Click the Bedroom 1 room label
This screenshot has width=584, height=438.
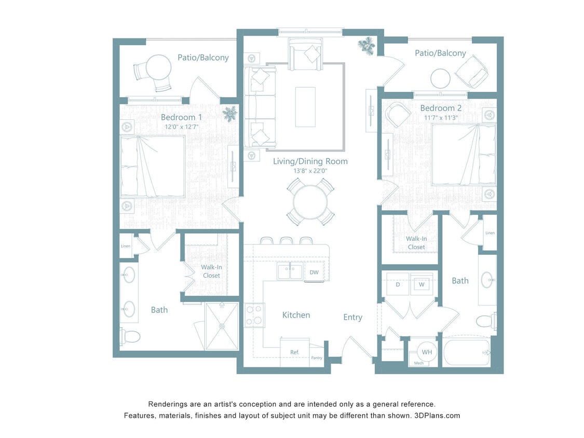click(181, 117)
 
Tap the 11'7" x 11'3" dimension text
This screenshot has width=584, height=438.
click(441, 118)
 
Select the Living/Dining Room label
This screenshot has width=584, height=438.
click(310, 161)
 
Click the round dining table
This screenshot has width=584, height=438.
click(310, 201)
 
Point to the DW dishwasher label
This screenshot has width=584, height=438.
click(314, 272)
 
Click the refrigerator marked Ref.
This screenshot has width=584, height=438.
click(294, 352)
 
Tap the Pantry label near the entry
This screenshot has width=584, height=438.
click(317, 358)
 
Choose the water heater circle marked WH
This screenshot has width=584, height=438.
click(427, 352)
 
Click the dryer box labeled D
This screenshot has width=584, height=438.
click(398, 284)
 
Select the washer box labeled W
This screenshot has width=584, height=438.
click(421, 284)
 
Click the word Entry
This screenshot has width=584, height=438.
click(352, 317)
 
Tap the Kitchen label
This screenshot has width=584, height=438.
click(296, 315)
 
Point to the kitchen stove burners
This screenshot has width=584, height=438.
click(254, 315)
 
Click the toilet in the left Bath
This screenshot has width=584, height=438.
click(130, 336)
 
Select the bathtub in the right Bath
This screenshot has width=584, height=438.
click(466, 352)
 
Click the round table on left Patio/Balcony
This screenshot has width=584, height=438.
click(158, 67)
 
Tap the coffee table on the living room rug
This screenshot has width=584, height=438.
click(305, 107)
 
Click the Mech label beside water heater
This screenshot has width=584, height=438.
click(418, 363)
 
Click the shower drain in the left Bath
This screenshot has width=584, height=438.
click(222, 326)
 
